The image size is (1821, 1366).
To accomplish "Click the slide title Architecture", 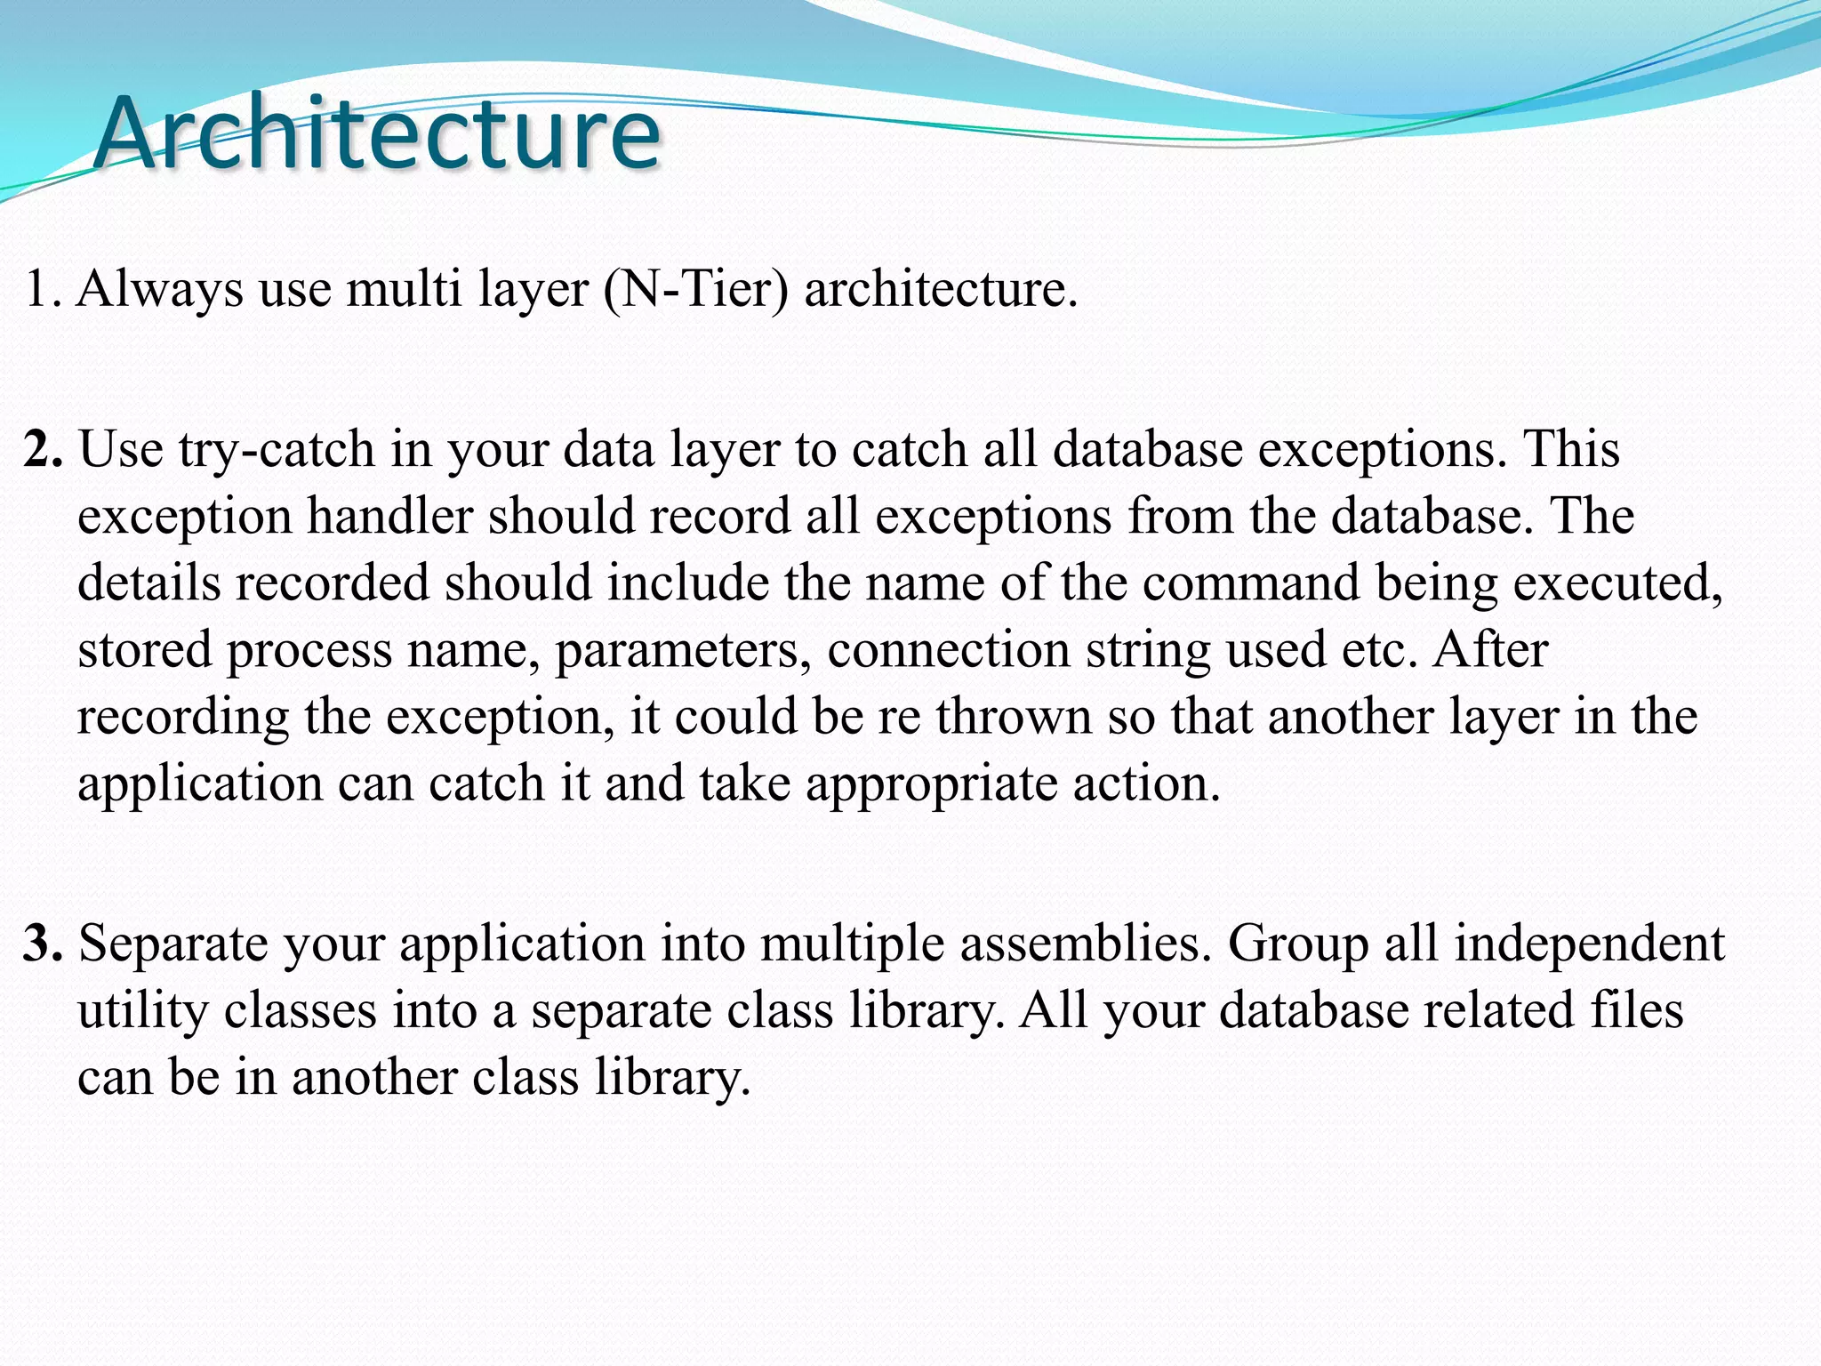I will [377, 133].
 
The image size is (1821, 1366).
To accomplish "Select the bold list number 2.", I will [42, 449].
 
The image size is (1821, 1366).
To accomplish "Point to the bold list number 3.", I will [42, 944].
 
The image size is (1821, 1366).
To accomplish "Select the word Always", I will [160, 289].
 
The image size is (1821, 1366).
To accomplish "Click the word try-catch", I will [277, 450].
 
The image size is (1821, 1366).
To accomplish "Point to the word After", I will [1491, 649].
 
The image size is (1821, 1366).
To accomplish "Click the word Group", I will [1298, 944].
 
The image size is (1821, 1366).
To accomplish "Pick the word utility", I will [142, 1011].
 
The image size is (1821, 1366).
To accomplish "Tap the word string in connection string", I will [1148, 651].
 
